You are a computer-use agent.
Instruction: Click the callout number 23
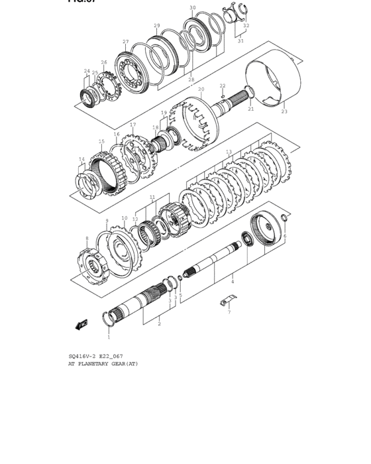(284, 111)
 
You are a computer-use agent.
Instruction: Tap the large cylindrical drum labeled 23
(272, 80)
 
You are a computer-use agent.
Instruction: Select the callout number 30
(192, 8)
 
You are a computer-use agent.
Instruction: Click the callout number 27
(125, 42)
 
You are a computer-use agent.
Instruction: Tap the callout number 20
(201, 88)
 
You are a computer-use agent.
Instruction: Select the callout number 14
(81, 159)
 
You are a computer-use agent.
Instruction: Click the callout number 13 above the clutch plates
(229, 152)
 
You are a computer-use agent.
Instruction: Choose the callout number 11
(152, 197)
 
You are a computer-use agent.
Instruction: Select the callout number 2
(159, 324)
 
